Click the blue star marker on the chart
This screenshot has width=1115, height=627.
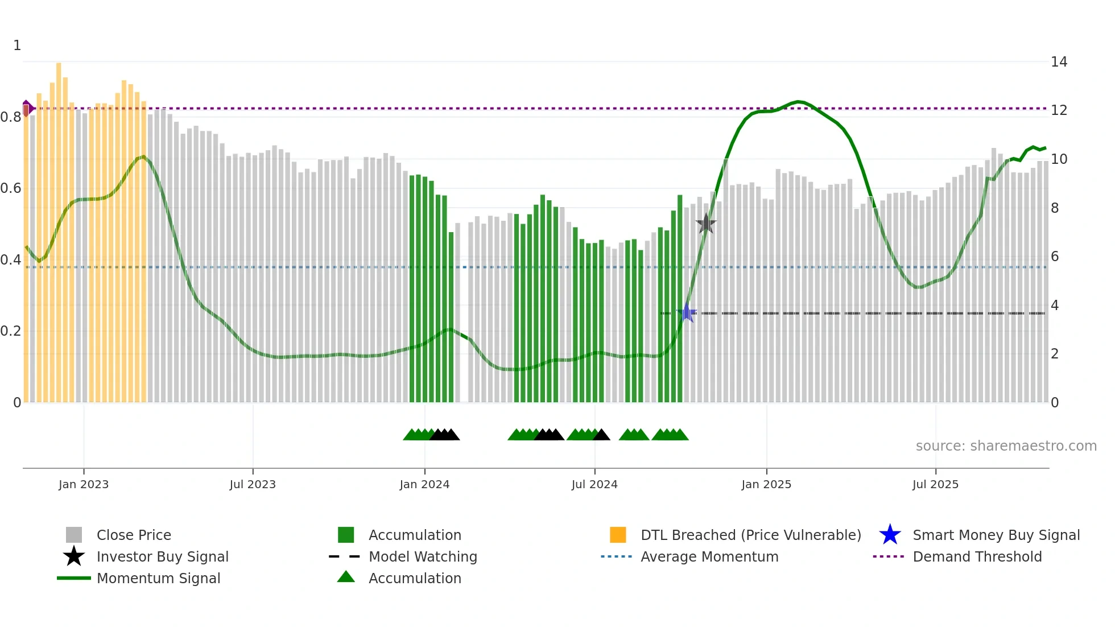coord(687,313)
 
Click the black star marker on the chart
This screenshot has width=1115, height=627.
coord(706,224)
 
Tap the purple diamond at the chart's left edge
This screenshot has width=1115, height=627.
coord(27,108)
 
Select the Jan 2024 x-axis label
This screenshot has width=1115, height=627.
coord(424,484)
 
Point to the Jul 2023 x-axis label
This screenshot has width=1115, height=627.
coord(253,484)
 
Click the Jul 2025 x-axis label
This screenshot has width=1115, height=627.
coord(935,484)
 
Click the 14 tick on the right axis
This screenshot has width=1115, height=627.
coord(1059,61)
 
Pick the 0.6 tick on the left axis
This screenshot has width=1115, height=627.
coord(11,188)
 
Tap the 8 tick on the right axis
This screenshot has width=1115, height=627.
coord(1055,208)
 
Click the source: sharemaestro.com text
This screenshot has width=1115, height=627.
coord(1006,445)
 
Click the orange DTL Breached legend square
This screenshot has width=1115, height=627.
coord(618,535)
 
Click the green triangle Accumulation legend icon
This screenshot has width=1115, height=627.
coord(346,577)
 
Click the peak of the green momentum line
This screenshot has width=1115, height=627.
coord(799,101)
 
